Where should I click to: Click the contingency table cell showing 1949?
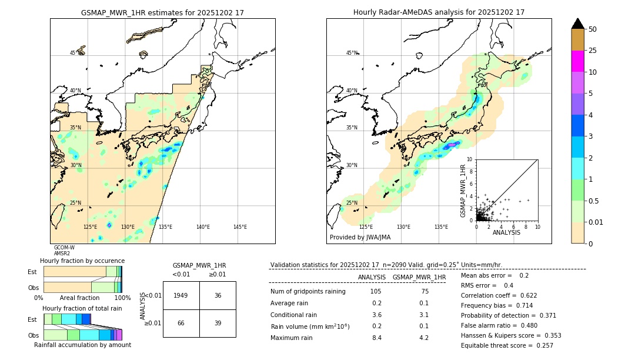[x=181, y=295]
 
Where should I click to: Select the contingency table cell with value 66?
[x=181, y=323]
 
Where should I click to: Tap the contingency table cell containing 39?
[x=218, y=323]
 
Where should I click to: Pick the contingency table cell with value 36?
[x=218, y=295]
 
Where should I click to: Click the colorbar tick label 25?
[x=593, y=51]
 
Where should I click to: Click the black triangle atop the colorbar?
[x=577, y=24]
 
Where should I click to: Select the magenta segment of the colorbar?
[x=577, y=61]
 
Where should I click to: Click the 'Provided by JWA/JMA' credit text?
[x=360, y=238]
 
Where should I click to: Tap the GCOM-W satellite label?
[x=64, y=248]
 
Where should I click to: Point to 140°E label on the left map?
[x=203, y=227]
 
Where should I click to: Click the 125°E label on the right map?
[x=366, y=227]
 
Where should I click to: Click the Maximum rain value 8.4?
[x=376, y=338]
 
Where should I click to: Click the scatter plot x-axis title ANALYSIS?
[x=506, y=232]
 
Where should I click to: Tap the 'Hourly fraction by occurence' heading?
[x=82, y=261]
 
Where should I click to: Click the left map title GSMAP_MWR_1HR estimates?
[x=162, y=12]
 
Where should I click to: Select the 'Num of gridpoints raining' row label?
[x=308, y=292]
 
